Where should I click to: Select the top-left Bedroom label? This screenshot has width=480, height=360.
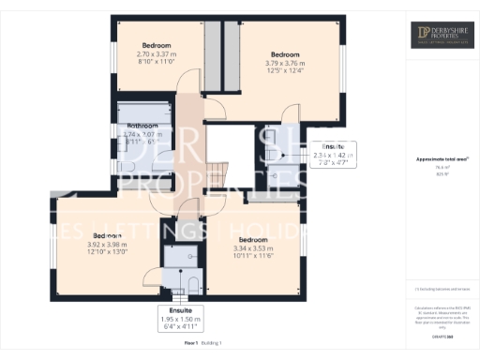click(x=157, y=45)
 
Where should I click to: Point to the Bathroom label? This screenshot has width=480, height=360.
click(x=142, y=125)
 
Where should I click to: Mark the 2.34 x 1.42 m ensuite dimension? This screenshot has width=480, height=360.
click(x=333, y=156)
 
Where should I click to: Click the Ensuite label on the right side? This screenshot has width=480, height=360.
click(x=333, y=147)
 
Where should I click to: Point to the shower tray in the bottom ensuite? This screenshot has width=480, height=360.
click(x=175, y=255)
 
